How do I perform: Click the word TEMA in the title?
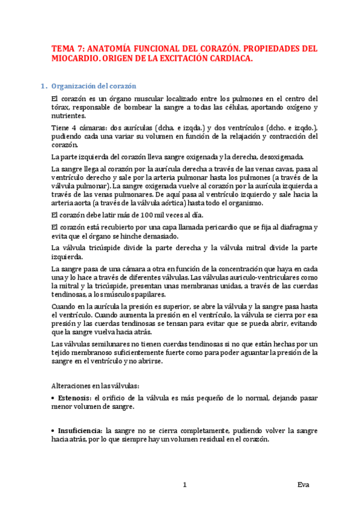pyautogui.click(x=63, y=49)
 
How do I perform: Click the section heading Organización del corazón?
pyautogui.click(x=94, y=85)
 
